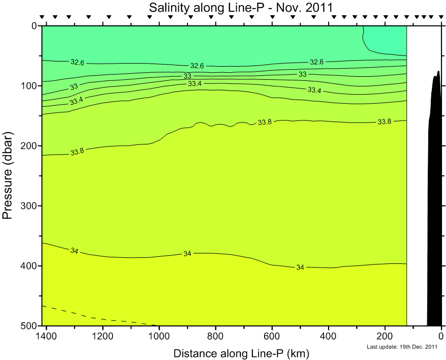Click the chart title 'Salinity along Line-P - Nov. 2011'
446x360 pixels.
point(241,8)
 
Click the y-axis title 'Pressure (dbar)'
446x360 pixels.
point(8,175)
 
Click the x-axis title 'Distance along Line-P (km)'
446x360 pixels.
point(241,353)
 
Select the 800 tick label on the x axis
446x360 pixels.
point(215,337)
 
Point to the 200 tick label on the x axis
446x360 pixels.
point(385,337)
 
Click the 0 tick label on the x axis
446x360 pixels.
point(441,337)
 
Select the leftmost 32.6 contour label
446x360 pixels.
point(77,62)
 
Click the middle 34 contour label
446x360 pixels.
point(187,253)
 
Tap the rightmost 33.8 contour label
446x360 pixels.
point(385,122)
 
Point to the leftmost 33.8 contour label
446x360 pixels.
point(77,152)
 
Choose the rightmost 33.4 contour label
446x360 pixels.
point(314,90)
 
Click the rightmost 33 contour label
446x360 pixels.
point(303,74)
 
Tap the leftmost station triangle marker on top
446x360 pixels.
point(43,17)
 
